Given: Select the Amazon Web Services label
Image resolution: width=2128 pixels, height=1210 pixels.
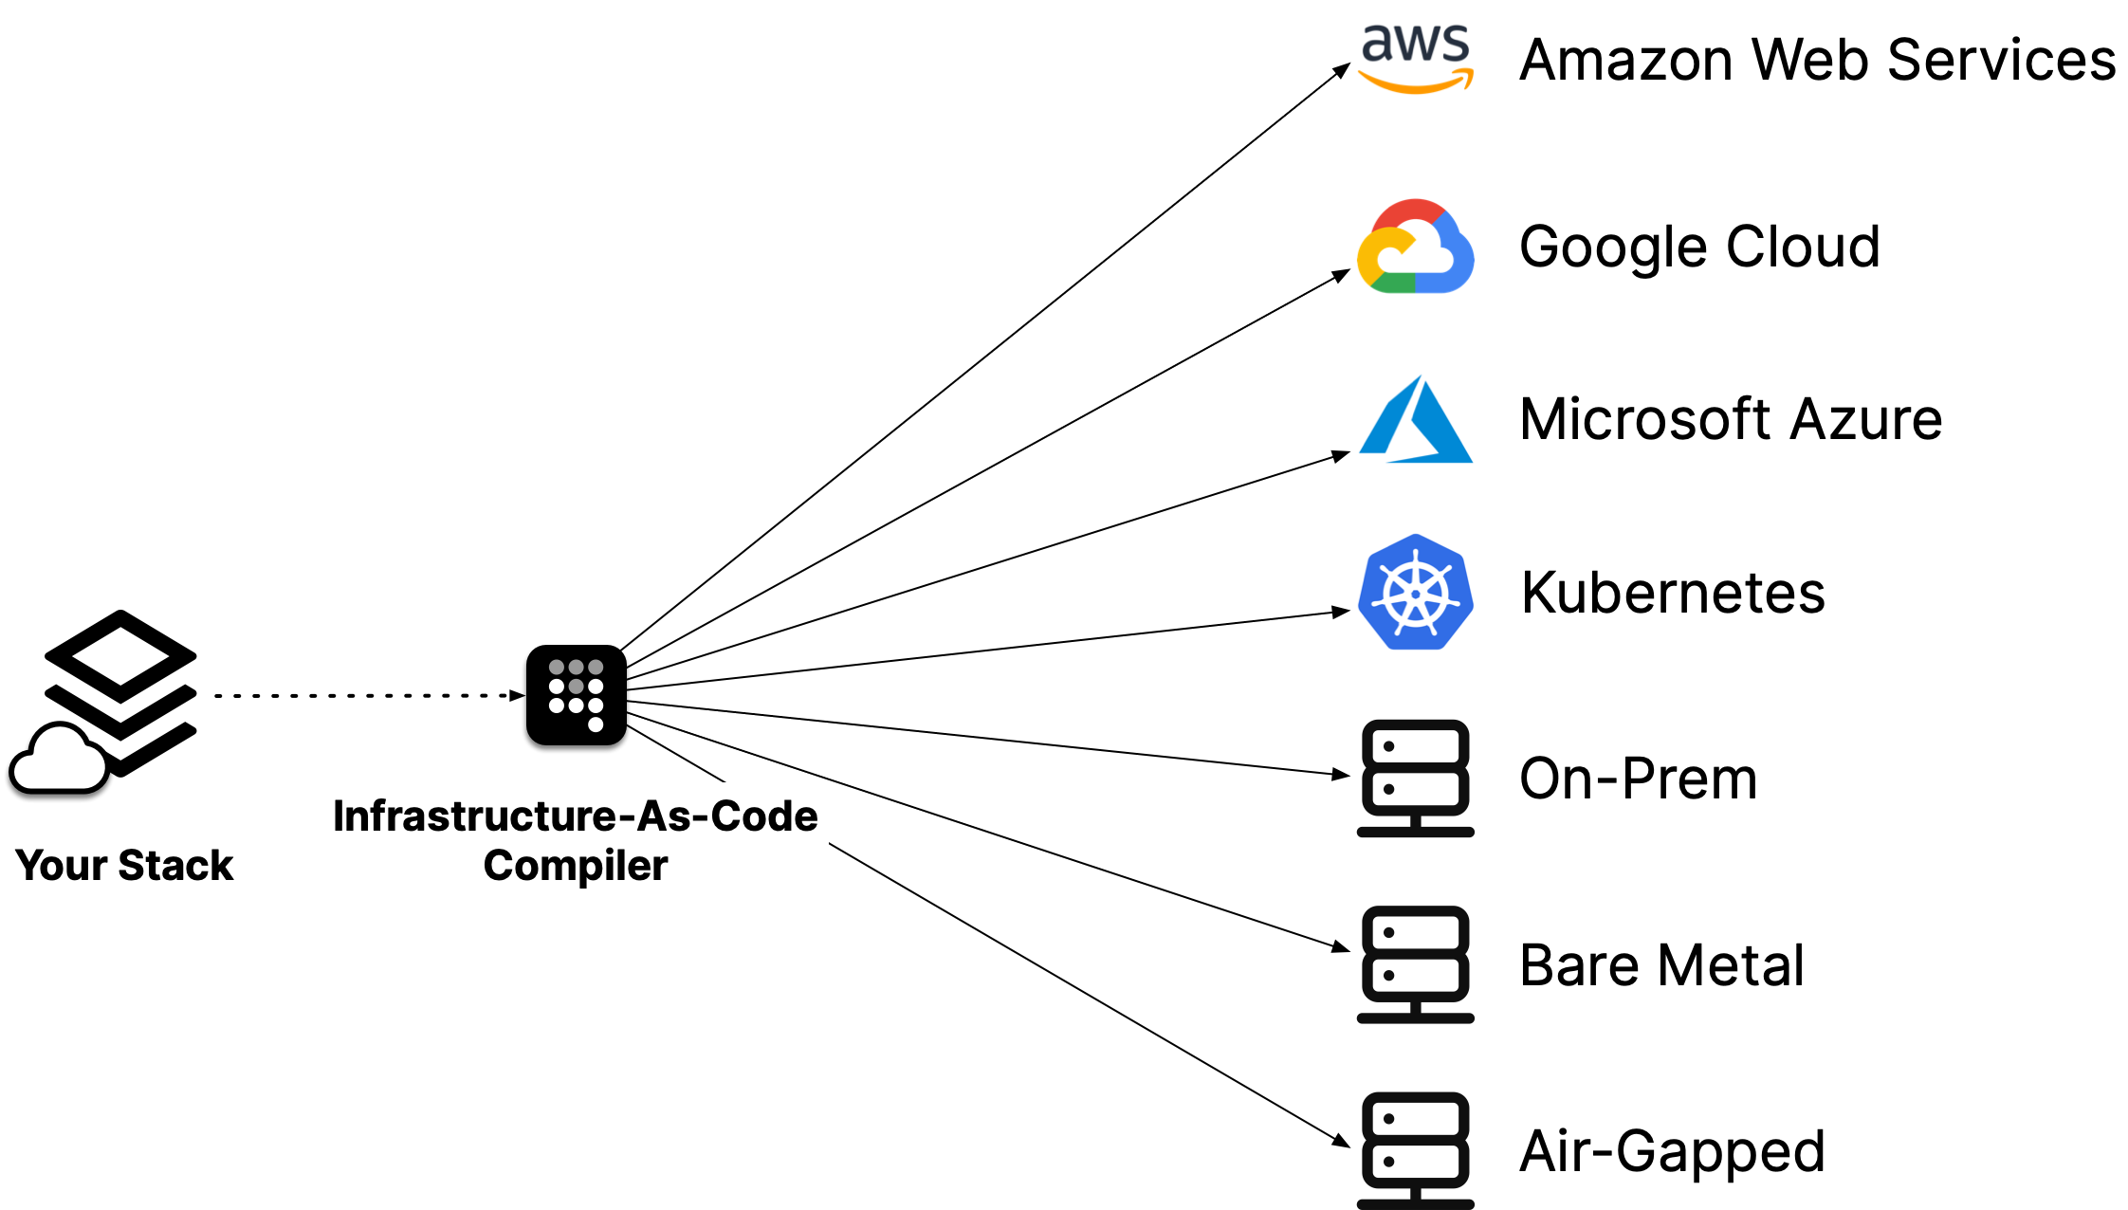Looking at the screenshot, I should (x=1817, y=60).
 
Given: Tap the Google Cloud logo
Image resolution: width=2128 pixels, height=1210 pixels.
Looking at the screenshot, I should (x=1415, y=247).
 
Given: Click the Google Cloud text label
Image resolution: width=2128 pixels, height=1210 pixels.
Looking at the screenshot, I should (x=1699, y=246).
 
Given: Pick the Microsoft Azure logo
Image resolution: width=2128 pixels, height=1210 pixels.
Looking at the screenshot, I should (x=1415, y=419).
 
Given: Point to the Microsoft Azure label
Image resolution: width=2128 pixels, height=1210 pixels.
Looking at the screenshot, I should (x=1731, y=419).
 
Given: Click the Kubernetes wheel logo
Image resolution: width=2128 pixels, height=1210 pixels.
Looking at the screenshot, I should (x=1415, y=593).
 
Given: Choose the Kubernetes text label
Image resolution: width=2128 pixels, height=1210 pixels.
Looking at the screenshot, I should (x=1673, y=592).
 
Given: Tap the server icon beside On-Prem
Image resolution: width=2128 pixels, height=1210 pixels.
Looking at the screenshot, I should (x=1415, y=778).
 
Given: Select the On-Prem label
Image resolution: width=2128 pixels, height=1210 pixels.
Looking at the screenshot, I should (x=1638, y=778).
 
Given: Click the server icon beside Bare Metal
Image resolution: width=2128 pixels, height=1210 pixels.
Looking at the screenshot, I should (x=1415, y=964).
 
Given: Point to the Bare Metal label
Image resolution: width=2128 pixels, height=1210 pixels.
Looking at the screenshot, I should (x=1661, y=964).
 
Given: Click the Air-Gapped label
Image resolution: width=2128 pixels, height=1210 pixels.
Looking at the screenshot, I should (x=1672, y=1150).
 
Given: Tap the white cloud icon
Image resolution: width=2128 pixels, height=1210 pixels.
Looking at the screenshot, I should (x=59, y=759).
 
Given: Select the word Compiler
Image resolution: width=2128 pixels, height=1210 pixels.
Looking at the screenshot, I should (x=576, y=866).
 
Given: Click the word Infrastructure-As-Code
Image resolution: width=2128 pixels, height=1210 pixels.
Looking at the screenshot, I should (x=575, y=816).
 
